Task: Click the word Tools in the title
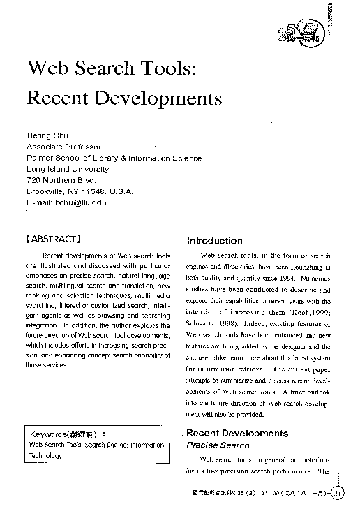pos(165,70)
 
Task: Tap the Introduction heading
pos(214,241)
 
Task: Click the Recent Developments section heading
pos(237,434)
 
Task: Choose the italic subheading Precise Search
pos(218,445)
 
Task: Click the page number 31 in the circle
pos(338,494)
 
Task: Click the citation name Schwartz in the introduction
pos(205,325)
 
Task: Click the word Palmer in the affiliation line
pos(40,158)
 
